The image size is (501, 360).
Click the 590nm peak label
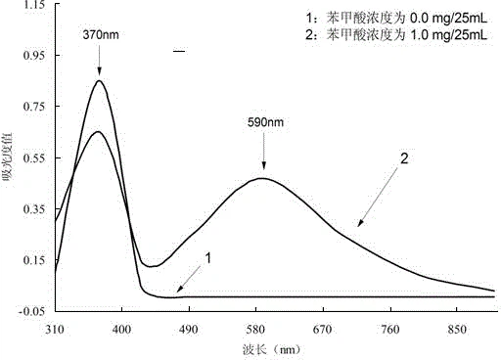[263, 123]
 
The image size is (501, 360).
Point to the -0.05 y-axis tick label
[30, 310]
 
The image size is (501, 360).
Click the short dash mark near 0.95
[178, 50]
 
